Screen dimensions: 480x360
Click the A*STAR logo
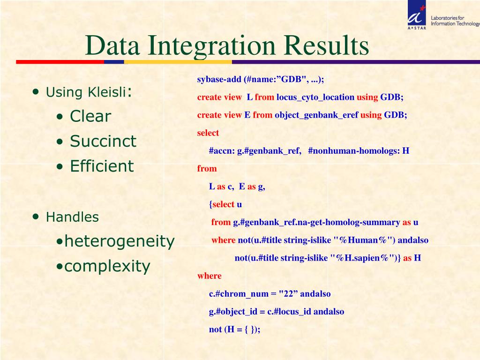pyautogui.click(x=417, y=15)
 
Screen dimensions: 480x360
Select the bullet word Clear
pyautogui.click(x=90, y=116)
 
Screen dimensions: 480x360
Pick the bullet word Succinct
pyautogui.click(x=103, y=141)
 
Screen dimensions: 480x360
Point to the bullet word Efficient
pyautogui.click(x=102, y=166)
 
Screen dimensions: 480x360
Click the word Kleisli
pyautogui.click(x=107, y=92)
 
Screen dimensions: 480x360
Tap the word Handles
pyautogui.click(x=72, y=217)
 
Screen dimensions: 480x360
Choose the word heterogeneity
pyautogui.click(x=120, y=241)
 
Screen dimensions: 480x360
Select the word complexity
pyautogui.click(x=107, y=266)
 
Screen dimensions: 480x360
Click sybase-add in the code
pyautogui.click(x=219, y=79)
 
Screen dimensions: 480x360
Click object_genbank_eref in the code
pyautogui.click(x=316, y=115)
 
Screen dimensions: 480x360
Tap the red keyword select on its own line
pyautogui.click(x=208, y=133)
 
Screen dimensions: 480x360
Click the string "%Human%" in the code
pyautogui.click(x=361, y=240)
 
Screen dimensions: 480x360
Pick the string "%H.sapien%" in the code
pyautogui.click(x=362, y=258)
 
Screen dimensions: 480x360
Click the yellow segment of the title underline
pyautogui.click(x=178, y=62)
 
